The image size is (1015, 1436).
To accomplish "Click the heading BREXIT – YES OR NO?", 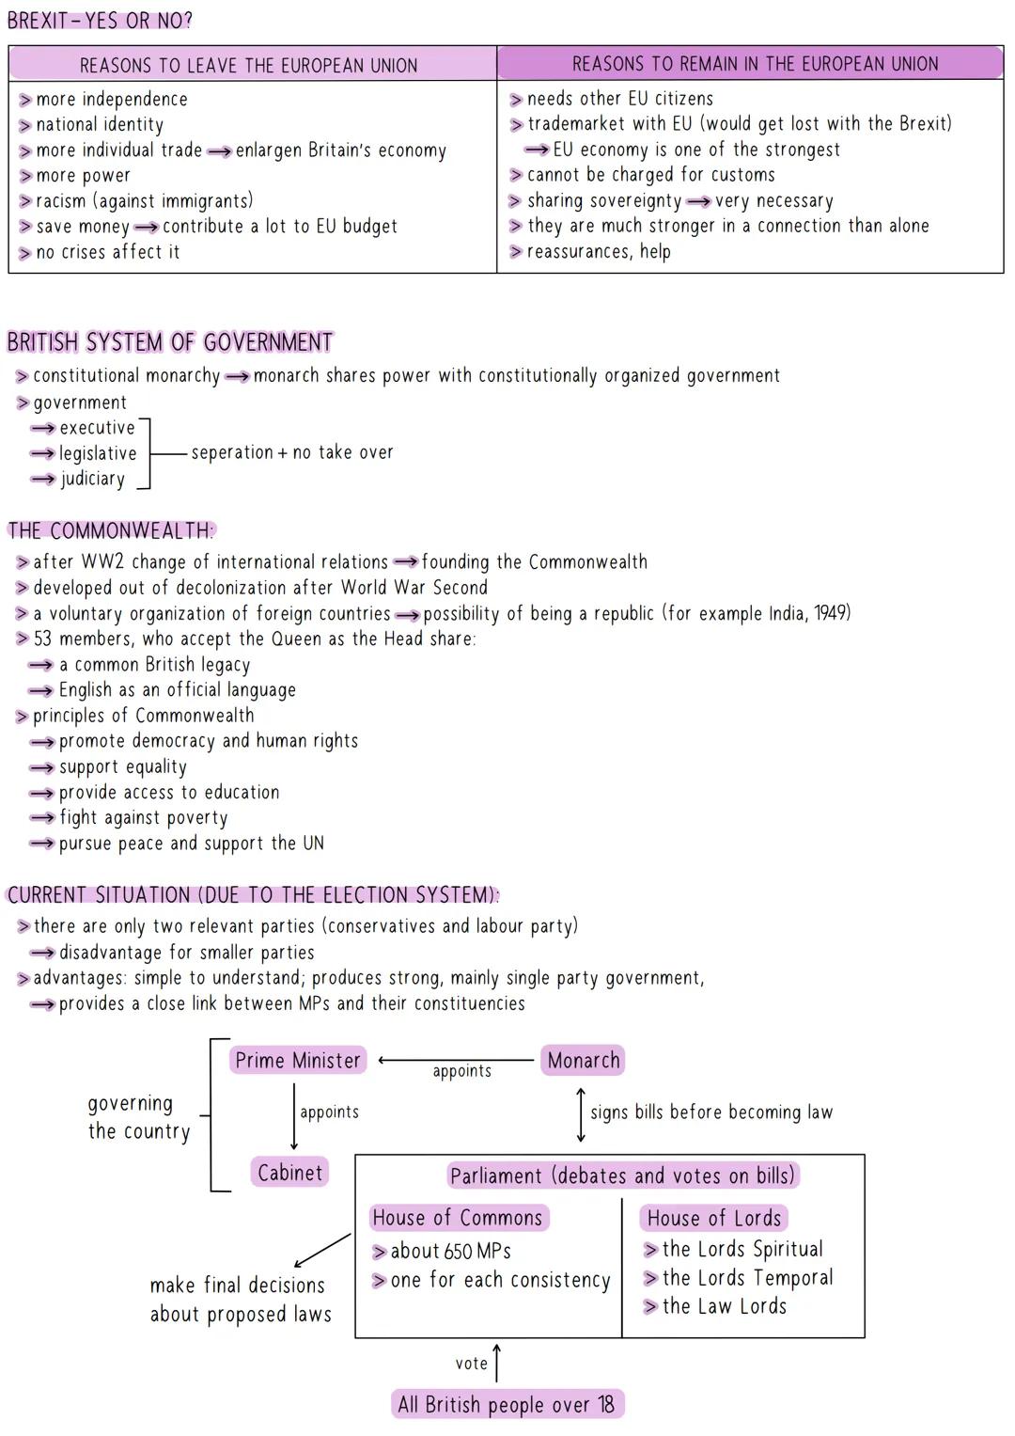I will pos(99,20).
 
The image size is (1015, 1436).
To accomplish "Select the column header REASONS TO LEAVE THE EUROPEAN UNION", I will pos(248,65).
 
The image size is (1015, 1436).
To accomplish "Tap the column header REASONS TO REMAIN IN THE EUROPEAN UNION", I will pos(755,64).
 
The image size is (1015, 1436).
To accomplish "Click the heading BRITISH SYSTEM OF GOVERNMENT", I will pos(170,342).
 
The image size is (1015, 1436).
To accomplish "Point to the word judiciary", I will pos(92,479).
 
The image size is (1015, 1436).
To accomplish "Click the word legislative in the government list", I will pos(98,453).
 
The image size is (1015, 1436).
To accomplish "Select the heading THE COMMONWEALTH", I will pos(110,530).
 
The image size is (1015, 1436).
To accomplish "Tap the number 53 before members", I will pos(42,639).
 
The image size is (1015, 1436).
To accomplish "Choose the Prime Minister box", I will pos(298,1061).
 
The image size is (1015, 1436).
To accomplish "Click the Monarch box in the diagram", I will pos(584,1061).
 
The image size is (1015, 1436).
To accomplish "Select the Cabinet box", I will pos(289,1173).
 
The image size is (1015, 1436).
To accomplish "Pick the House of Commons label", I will pos(458,1218).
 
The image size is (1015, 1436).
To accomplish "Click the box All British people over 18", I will pos(507,1405).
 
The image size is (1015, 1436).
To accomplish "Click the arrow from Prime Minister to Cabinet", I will pos(294,1115).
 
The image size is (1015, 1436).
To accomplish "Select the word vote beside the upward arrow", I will pos(472,1364).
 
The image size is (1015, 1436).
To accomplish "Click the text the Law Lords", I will pos(724,1306).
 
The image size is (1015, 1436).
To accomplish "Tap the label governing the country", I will pos(139,1116).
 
